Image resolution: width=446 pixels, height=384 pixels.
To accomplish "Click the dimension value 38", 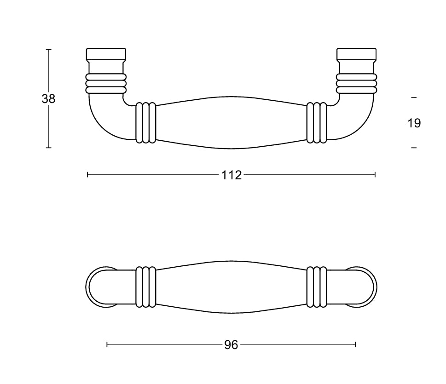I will (48, 98).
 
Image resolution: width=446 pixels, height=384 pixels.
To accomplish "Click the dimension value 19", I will (414, 123).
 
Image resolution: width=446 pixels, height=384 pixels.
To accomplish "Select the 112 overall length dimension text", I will (231, 175).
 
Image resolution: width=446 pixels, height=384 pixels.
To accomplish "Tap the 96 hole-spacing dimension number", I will (231, 344).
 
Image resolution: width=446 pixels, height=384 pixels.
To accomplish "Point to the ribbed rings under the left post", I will (105, 83).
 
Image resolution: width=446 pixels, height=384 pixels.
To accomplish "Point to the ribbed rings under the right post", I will (357, 83).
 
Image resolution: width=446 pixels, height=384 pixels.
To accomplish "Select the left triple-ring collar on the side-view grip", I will (145, 122).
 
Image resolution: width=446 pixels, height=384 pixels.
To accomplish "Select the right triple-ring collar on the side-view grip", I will (317, 122).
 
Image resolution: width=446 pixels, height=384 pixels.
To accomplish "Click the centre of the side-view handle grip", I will (231, 122).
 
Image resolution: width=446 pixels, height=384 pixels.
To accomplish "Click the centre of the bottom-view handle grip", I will (231, 287).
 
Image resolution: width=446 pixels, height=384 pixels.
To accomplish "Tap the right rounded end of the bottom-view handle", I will (366, 287).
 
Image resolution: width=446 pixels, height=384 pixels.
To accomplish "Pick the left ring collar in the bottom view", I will (145, 287).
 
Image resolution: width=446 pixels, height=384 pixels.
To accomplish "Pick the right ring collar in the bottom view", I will (317, 287).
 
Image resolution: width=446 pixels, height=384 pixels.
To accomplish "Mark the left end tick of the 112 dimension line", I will (87, 175).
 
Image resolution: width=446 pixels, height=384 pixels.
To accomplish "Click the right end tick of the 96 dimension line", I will (356, 344).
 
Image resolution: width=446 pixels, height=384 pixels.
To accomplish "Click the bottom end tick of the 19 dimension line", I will (414, 148).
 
